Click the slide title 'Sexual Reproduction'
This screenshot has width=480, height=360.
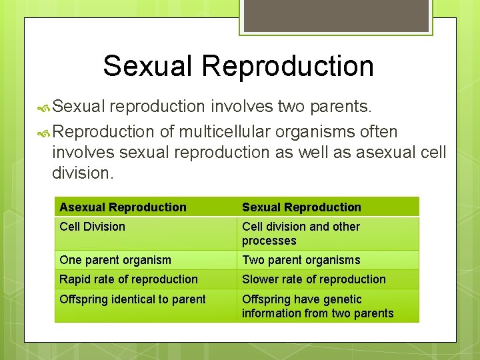[x=238, y=66]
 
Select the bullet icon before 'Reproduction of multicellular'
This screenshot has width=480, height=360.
[x=44, y=132]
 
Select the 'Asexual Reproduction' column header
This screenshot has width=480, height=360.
[x=123, y=207]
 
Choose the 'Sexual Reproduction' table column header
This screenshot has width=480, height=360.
[x=301, y=207]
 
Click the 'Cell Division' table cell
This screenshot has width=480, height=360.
[x=92, y=227]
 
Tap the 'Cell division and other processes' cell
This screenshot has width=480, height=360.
[x=301, y=233]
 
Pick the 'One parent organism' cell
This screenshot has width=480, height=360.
[x=115, y=260]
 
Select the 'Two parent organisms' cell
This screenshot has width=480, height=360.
[x=301, y=260]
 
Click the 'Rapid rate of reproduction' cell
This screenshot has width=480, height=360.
[x=129, y=279]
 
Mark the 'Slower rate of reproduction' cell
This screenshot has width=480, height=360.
[x=313, y=279]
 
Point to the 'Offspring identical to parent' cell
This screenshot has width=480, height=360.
[x=133, y=299]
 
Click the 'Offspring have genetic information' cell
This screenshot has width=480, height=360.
[x=317, y=306]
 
